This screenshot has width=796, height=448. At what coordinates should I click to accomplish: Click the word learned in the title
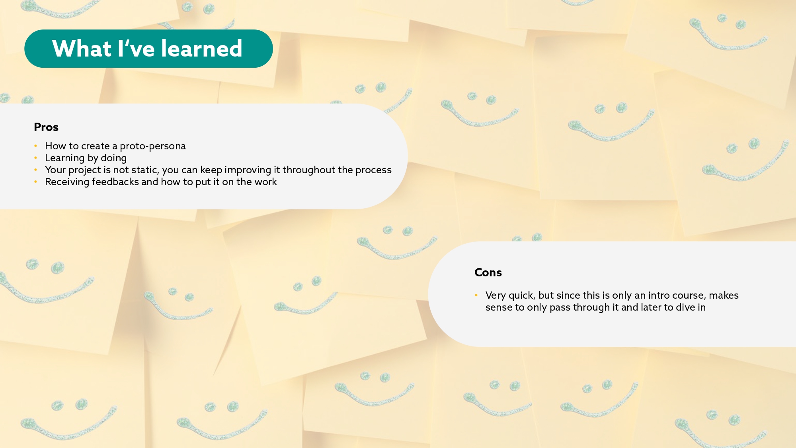click(201, 49)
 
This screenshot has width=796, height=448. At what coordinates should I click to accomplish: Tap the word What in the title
click(82, 49)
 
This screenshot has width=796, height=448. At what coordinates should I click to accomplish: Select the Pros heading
click(46, 127)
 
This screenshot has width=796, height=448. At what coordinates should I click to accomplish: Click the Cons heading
click(488, 272)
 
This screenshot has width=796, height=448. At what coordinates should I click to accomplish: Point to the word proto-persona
click(153, 146)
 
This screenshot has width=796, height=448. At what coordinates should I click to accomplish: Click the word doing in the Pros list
click(113, 158)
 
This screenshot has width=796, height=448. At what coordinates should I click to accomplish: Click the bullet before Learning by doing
click(35, 158)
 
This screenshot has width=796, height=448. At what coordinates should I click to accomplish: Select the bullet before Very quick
click(476, 295)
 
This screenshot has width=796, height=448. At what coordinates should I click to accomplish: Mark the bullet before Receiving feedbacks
click(35, 182)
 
